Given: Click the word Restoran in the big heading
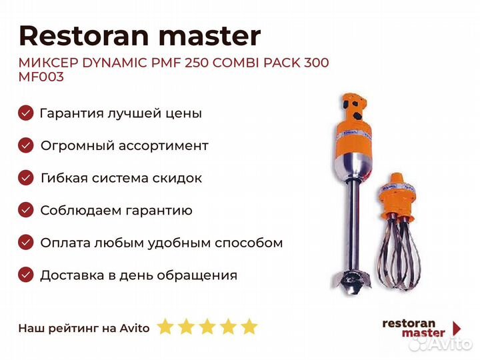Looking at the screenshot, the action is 84,36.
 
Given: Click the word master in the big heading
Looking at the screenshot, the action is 210,37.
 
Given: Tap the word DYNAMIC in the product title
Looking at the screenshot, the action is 115,63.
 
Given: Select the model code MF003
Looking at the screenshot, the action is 41,77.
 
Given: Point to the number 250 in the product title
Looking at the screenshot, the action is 195,63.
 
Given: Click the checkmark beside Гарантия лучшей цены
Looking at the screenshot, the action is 26,113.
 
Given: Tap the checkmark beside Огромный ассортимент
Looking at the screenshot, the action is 26,145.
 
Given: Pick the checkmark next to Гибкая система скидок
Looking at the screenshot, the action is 26,177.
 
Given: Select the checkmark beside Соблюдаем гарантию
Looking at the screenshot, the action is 26,210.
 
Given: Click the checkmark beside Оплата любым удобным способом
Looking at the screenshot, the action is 26,243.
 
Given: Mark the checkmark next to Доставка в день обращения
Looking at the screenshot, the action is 26,275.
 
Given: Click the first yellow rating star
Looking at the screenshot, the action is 165,326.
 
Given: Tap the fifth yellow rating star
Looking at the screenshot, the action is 249,326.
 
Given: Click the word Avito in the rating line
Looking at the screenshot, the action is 135,328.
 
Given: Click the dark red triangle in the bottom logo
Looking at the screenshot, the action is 457,328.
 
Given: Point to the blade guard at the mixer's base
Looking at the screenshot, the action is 352,281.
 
